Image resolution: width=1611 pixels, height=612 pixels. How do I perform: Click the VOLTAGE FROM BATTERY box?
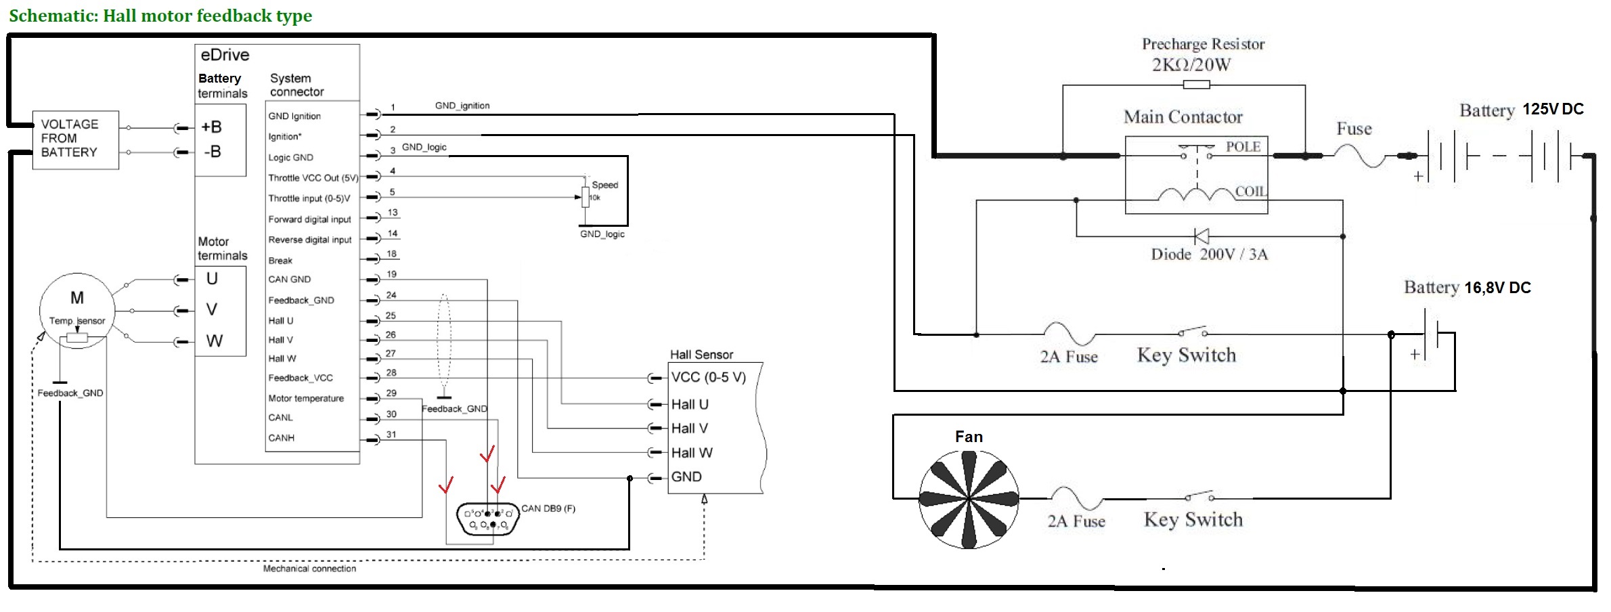click(x=75, y=139)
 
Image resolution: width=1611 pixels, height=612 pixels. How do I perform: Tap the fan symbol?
click(x=969, y=500)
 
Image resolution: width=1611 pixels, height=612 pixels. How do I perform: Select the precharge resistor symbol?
click(x=1196, y=85)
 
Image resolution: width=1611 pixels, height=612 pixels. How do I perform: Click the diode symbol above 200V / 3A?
click(x=1201, y=236)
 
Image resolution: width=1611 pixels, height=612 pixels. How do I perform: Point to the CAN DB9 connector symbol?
click(x=487, y=519)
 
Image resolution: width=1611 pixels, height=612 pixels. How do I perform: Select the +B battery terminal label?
click(x=212, y=127)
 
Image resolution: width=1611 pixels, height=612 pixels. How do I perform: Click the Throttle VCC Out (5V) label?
click(x=313, y=177)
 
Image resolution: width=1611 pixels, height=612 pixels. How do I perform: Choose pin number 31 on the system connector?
click(x=391, y=435)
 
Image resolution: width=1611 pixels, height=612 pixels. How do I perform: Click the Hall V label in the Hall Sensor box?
click(x=689, y=429)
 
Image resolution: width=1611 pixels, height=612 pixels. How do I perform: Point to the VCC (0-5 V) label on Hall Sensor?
click(x=708, y=378)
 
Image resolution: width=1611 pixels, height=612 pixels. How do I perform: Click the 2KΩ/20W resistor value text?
click(x=1191, y=65)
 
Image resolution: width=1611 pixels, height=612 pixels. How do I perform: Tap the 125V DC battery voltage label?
click(x=1553, y=110)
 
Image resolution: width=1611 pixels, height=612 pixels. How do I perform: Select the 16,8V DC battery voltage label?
click(x=1497, y=288)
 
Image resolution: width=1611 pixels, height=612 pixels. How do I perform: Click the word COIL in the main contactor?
click(x=1250, y=192)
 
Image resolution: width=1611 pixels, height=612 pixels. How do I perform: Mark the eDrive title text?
click(x=225, y=55)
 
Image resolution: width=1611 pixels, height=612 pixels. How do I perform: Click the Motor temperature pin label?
click(x=306, y=399)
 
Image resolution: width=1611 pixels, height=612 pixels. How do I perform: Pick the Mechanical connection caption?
click(x=309, y=569)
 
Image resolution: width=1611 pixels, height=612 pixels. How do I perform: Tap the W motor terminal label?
click(x=214, y=341)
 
